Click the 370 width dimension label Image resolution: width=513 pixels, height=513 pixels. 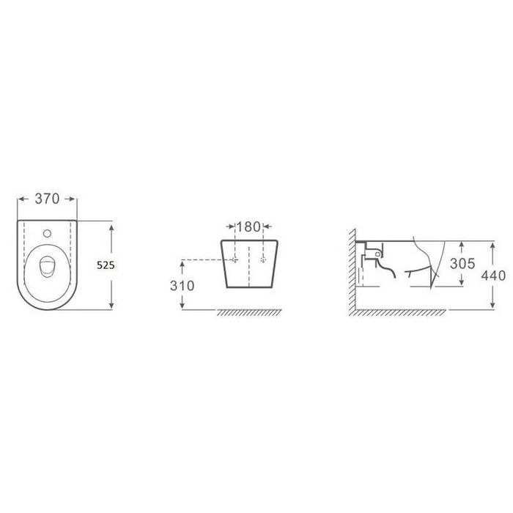pos(47,199)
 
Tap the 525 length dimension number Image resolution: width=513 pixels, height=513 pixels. pos(106,265)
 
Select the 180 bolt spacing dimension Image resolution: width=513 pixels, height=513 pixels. pos(248,226)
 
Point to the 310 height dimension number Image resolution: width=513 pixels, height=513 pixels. pos(182,286)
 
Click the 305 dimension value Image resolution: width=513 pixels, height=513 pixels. pos(462,263)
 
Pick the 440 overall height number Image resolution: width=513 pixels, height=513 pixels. pos(493,276)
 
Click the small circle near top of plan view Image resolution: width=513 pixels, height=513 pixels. pos(48,233)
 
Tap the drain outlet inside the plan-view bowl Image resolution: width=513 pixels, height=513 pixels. pos(48,266)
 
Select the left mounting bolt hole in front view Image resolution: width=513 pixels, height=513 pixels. pos(235,259)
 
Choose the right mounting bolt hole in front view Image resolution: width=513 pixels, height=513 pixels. pos(263,259)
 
